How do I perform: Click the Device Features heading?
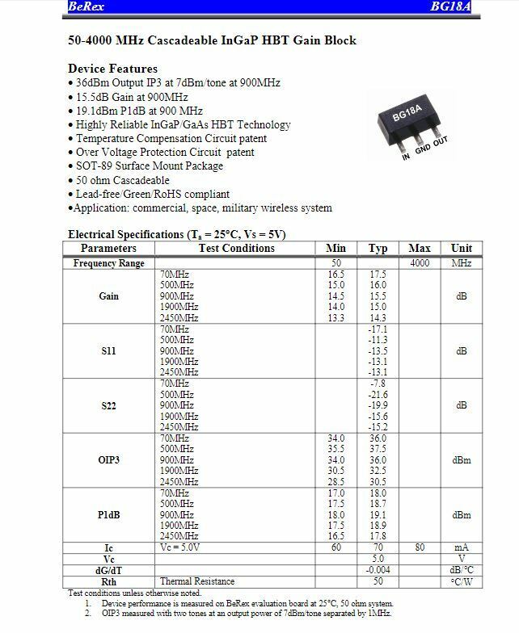coord(112,69)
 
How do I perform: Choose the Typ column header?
coord(378,249)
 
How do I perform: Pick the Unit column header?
coord(462,249)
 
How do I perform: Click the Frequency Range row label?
coord(109,263)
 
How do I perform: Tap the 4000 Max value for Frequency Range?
coord(419,263)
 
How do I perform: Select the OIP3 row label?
coord(109,460)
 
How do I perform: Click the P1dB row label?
coord(109,514)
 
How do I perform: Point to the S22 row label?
coord(109,405)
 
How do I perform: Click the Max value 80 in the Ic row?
coord(419,547)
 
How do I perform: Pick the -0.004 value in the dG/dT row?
coord(378,570)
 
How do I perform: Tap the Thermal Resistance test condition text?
coord(197,581)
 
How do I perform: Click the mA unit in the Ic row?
coord(462,547)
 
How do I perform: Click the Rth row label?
coord(109,581)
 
